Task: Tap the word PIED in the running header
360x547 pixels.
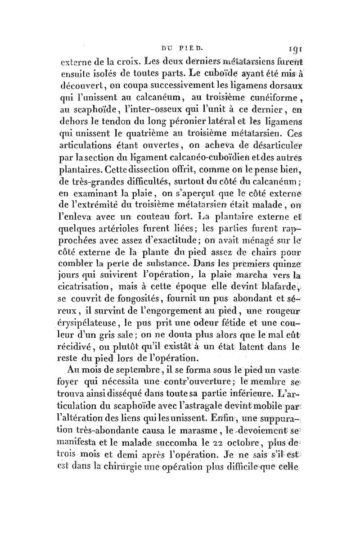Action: coord(184,45)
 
